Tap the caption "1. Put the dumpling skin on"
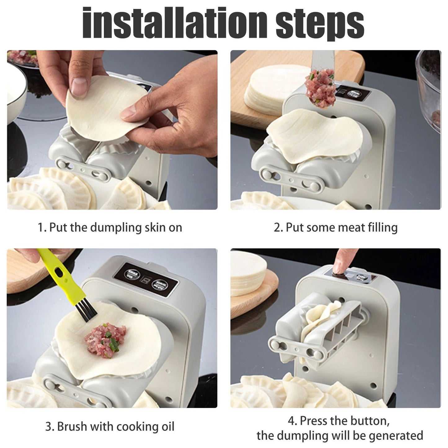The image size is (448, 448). [110, 227]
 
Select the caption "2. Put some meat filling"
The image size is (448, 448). [335, 227]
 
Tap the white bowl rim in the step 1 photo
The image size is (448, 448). [19, 93]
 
